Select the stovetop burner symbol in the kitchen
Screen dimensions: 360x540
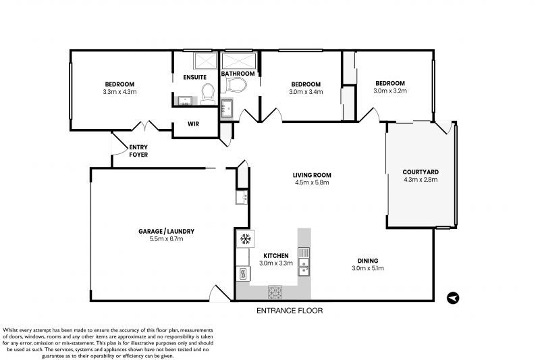(275, 292)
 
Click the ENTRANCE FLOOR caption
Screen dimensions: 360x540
(290, 311)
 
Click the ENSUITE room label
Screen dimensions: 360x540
(194, 77)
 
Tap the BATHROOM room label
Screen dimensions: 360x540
(238, 74)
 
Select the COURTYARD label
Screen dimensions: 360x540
(421, 172)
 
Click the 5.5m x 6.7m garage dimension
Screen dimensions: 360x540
(161, 238)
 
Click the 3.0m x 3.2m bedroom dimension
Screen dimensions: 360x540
(391, 90)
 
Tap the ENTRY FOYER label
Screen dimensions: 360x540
(138, 151)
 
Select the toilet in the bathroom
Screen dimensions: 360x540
(236, 86)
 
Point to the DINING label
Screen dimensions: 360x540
(368, 261)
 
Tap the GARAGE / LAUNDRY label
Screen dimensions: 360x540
(161, 231)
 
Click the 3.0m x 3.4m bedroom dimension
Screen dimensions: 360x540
(306, 91)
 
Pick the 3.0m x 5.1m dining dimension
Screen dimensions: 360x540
(368, 268)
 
